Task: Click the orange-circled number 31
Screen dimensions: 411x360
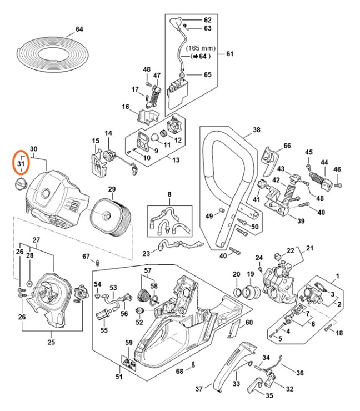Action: pos(21,163)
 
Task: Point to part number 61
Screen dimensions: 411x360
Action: pos(229,54)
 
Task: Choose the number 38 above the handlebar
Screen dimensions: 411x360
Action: pos(241,129)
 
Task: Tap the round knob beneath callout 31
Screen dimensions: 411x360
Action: pos(21,184)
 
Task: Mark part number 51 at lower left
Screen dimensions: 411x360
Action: pos(118,378)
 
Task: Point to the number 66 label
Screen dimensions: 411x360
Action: pos(287,146)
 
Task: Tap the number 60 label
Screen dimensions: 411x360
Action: pos(249,323)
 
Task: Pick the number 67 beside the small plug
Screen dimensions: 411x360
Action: pos(86,256)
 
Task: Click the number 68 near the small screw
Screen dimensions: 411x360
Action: pos(179,371)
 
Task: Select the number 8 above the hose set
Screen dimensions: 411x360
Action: pos(169,194)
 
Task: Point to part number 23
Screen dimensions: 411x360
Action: pos(146,253)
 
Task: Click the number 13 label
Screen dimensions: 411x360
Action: pos(176,161)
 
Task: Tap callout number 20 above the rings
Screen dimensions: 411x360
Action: pos(236,274)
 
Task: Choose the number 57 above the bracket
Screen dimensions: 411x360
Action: pos(148,270)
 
